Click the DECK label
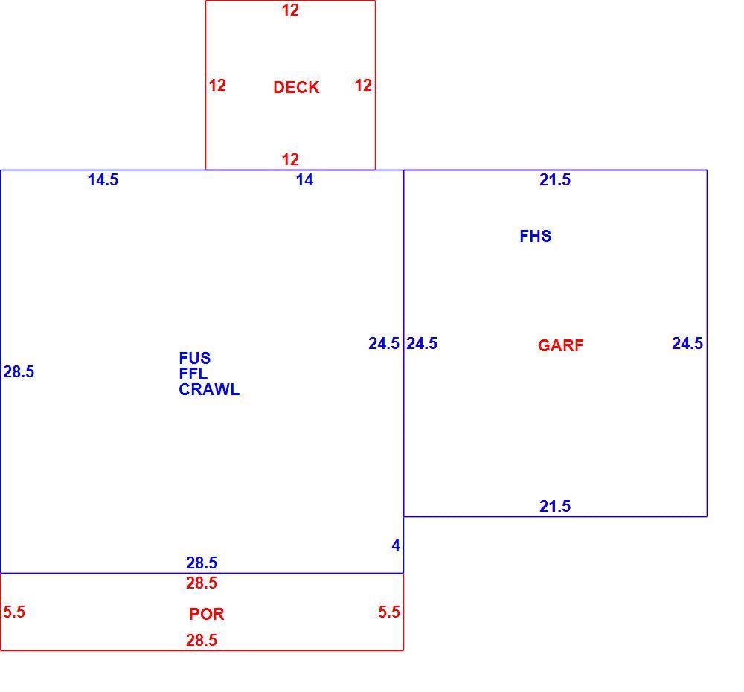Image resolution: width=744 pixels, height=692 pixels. [x=296, y=87]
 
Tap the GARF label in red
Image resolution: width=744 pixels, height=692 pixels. [x=560, y=345]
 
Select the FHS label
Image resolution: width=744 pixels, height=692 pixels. [x=535, y=236]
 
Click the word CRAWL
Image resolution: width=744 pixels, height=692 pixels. [x=209, y=389]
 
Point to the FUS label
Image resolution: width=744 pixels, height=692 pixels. [x=194, y=358]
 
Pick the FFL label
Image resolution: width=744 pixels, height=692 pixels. [x=193, y=374]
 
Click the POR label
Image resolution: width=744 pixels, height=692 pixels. [x=206, y=614]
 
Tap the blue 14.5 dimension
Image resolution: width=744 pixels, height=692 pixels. [x=103, y=180]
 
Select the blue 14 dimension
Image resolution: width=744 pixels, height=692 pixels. [x=304, y=180]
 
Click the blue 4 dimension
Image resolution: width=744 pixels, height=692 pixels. [x=396, y=545]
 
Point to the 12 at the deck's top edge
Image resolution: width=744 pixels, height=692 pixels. [x=290, y=10]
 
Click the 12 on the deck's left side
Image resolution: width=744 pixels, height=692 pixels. [x=217, y=86]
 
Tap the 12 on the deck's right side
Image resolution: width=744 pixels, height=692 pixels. [x=363, y=86]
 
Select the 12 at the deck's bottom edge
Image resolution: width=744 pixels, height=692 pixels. [x=290, y=159]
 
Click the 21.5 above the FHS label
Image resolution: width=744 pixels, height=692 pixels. [x=555, y=180]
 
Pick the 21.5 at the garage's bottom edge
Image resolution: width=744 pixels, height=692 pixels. [x=555, y=507]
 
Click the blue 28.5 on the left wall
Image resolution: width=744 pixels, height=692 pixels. [x=19, y=371]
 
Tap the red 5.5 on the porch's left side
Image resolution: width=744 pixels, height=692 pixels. [x=13, y=612]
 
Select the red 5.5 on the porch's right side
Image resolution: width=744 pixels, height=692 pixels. [x=388, y=612]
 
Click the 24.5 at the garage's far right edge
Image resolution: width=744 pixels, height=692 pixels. [x=687, y=343]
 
